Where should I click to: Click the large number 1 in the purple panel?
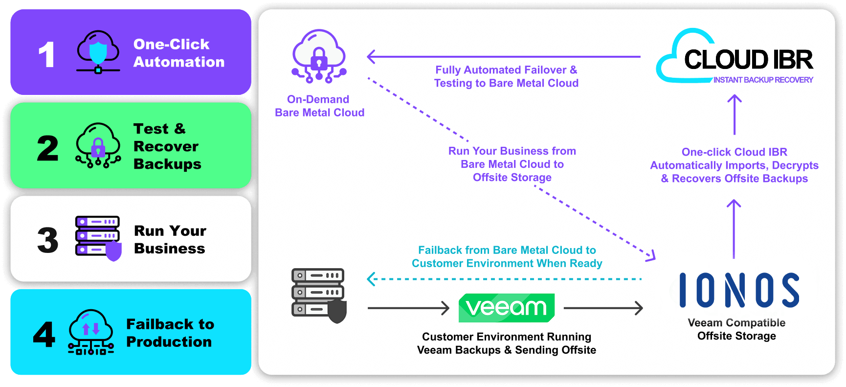(46, 54)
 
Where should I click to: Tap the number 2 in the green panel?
(47, 148)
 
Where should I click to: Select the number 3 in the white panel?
(48, 240)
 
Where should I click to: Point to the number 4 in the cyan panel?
(44, 335)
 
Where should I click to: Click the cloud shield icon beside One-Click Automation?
(98, 52)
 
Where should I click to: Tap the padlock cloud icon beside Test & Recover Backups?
(98, 145)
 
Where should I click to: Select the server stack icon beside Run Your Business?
(98, 238)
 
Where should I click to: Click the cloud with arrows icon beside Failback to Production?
(91, 332)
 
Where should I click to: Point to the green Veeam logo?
(507, 308)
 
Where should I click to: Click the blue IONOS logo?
(739, 290)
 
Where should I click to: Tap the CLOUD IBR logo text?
(748, 60)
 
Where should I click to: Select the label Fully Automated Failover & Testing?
(506, 77)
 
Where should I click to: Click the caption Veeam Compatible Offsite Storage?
(736, 329)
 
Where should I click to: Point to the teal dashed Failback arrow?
(504, 279)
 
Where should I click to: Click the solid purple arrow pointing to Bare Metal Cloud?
(504, 57)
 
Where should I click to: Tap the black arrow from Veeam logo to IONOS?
(603, 308)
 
